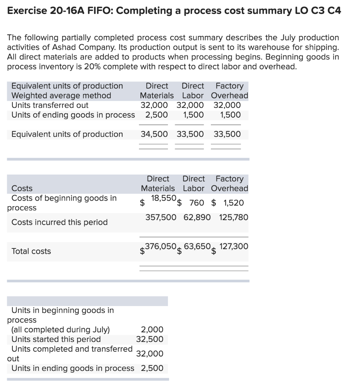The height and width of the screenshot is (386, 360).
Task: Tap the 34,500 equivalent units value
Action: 154,134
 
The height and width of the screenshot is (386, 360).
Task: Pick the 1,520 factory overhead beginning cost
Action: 233,203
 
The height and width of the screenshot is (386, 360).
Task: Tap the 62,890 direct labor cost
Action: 197,218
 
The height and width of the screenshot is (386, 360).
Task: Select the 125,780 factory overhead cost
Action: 233,218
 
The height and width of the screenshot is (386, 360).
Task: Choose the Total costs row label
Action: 31,251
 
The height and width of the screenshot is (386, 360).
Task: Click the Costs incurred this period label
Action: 59,222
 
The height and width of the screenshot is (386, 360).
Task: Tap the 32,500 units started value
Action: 150,339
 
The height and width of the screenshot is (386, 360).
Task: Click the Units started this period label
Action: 56,339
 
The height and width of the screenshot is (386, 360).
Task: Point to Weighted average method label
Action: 61,96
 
